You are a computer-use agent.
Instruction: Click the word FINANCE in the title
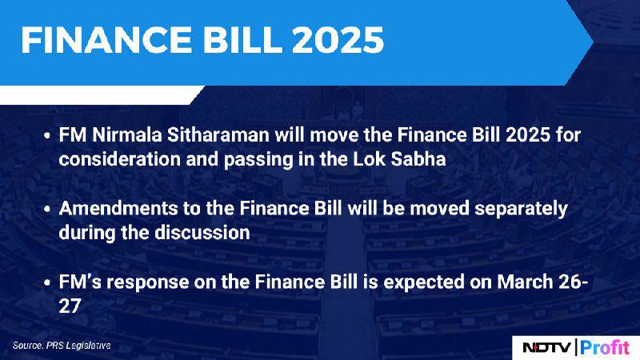tap(106, 40)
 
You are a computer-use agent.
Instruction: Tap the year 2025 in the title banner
tap(338, 40)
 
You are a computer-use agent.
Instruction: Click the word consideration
tap(119, 159)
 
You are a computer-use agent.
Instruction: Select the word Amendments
tap(118, 209)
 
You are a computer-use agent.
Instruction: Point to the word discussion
tap(202, 233)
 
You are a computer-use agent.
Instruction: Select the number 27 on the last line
tap(70, 306)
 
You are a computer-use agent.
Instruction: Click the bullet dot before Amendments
tap(48, 209)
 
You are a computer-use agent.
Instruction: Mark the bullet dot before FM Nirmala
tap(48, 135)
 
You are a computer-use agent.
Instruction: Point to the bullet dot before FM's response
tap(48, 282)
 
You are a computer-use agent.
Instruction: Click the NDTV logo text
tap(546, 348)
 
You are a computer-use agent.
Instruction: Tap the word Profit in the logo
tap(605, 348)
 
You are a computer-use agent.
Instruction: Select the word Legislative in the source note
tap(89, 346)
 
